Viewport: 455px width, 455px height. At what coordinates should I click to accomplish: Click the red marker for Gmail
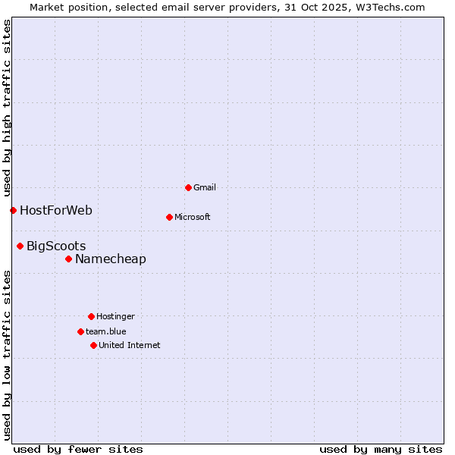pyautogui.click(x=188, y=187)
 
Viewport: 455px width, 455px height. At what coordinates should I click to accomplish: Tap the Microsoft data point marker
pyautogui.click(x=169, y=217)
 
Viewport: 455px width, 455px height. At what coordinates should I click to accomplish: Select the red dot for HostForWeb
pyautogui.click(x=13, y=210)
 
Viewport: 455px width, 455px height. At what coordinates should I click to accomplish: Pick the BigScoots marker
pyautogui.click(x=20, y=246)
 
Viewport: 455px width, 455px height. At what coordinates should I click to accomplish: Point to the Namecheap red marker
pyautogui.click(x=68, y=259)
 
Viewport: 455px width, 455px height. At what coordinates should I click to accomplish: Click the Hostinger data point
pyautogui.click(x=91, y=316)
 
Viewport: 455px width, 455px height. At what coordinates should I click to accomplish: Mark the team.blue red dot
pyautogui.click(x=80, y=331)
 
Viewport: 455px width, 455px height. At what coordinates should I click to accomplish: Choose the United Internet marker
pyautogui.click(x=93, y=345)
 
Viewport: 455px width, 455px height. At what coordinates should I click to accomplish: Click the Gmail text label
pyautogui.click(x=205, y=187)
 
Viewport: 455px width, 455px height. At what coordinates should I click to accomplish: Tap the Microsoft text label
pyautogui.click(x=193, y=217)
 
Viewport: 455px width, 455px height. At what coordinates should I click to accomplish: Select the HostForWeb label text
pyautogui.click(x=56, y=210)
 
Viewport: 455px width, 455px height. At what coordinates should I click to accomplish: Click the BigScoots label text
pyautogui.click(x=56, y=246)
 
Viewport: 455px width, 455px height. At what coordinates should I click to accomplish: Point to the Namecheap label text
pyautogui.click(x=111, y=259)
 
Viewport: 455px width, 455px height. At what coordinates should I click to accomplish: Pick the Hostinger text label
pyautogui.click(x=115, y=316)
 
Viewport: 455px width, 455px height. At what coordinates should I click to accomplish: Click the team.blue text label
pyautogui.click(x=106, y=331)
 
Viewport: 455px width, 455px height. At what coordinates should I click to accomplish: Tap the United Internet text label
pyautogui.click(x=130, y=345)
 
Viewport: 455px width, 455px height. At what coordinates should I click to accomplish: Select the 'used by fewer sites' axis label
pyautogui.click(x=78, y=449)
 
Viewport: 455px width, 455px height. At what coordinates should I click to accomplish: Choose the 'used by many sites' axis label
pyautogui.click(x=381, y=449)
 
